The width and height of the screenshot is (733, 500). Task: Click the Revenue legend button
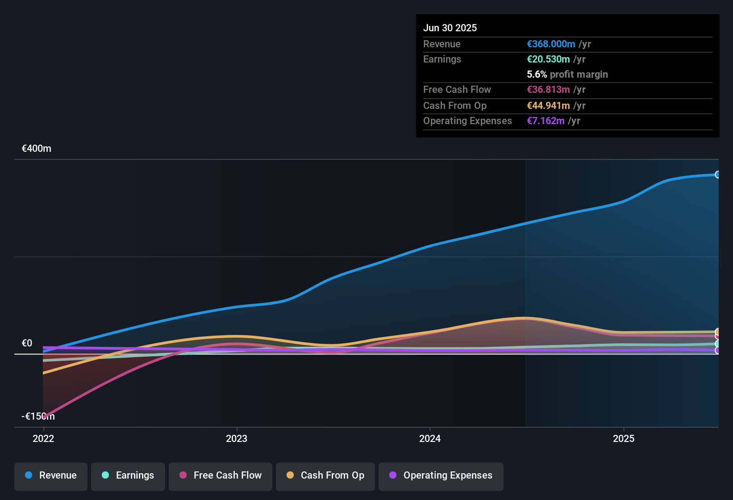[51, 475]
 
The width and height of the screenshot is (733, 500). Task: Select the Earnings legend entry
[128, 475]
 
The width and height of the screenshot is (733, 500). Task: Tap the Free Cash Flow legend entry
[221, 475]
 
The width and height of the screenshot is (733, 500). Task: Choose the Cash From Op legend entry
[325, 475]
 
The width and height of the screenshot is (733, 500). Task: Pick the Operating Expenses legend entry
[441, 475]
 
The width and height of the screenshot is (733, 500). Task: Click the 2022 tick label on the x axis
[43, 438]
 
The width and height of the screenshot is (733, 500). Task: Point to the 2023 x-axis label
[237, 438]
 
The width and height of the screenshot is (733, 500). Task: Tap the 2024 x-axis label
[430, 438]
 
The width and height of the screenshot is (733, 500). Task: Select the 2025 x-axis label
[624, 438]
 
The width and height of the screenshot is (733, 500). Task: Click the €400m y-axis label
[37, 149]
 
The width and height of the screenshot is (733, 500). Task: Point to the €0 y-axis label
[27, 343]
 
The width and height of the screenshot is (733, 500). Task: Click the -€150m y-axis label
[38, 417]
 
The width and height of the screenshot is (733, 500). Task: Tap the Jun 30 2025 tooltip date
[450, 28]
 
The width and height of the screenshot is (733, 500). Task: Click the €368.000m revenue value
[551, 44]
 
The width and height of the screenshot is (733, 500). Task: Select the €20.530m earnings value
[548, 59]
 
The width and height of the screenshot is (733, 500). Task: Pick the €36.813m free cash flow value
[548, 90]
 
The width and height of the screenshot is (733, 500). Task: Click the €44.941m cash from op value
[548, 106]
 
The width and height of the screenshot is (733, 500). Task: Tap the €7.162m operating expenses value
[546, 121]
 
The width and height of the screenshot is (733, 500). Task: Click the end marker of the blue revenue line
[718, 175]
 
